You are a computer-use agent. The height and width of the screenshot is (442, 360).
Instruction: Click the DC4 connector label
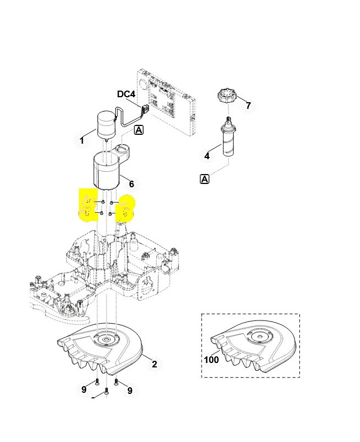pos(126,94)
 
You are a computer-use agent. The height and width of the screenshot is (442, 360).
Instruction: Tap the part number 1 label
pos(82,141)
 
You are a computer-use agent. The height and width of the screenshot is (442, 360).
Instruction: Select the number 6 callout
pos(131,184)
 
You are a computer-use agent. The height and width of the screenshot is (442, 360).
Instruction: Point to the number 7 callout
pos(248,106)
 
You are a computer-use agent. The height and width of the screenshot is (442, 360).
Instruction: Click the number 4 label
pos(207,156)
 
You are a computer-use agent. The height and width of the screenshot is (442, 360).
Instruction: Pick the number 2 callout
pos(155,364)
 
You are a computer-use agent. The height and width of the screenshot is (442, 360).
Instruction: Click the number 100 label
pos(211,360)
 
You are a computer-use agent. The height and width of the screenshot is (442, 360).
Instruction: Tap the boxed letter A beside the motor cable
pos(139,130)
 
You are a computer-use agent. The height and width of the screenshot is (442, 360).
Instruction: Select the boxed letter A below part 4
pos(204,178)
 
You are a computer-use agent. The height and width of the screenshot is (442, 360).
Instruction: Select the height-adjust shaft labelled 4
pos(228,138)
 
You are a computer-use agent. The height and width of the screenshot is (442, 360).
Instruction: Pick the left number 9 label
pos(84,390)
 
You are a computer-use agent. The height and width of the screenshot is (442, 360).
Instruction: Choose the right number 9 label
pos(130,391)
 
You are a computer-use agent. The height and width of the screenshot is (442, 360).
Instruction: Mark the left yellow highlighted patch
pos(88,206)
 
